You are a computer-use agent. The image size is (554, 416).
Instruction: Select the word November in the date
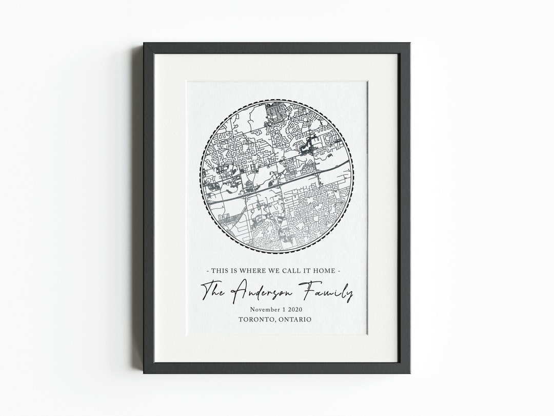pos(267,310)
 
